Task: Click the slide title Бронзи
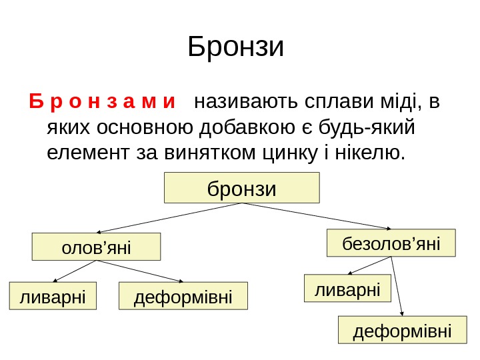[236, 47]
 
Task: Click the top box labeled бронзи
[242, 188]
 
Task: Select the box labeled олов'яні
[97, 247]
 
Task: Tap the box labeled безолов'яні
[391, 243]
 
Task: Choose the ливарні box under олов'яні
[53, 296]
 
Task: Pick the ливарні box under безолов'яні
[347, 289]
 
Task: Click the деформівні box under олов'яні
[183, 296]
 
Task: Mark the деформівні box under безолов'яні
[402, 330]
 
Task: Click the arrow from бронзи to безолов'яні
[320, 217]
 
